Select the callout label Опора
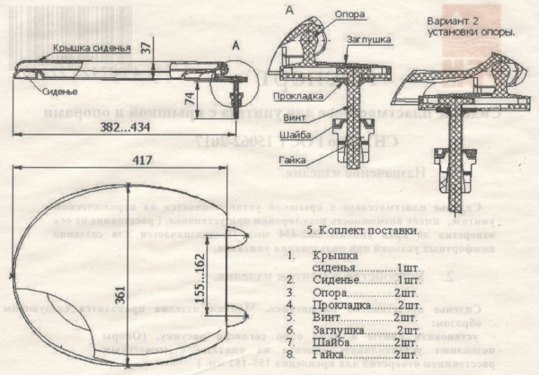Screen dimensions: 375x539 pos(349,14)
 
